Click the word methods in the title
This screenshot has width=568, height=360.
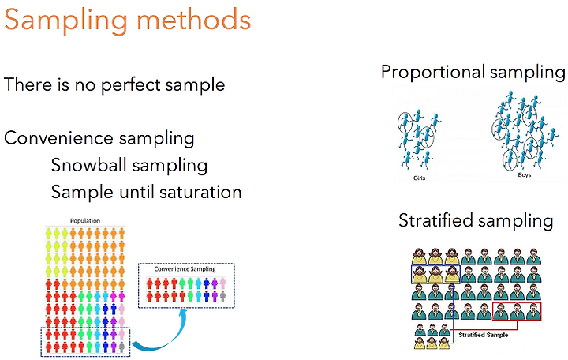click(x=194, y=19)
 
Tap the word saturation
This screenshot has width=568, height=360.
click(x=200, y=192)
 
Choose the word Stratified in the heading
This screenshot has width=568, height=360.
click(x=435, y=220)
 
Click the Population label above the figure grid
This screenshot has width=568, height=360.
click(x=85, y=221)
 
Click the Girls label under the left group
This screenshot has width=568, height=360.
click(x=419, y=178)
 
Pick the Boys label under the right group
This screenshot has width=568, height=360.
click(x=524, y=174)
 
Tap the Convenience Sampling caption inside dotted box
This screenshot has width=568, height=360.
click(x=185, y=269)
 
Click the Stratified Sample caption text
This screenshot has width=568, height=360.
click(x=484, y=335)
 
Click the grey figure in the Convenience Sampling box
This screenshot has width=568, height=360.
click(x=222, y=296)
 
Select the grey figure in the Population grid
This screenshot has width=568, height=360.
click(x=121, y=347)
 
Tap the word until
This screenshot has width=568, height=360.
click(x=136, y=192)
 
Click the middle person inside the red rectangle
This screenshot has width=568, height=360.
click(x=517, y=311)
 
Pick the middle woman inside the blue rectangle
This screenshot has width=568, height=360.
click(x=435, y=275)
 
